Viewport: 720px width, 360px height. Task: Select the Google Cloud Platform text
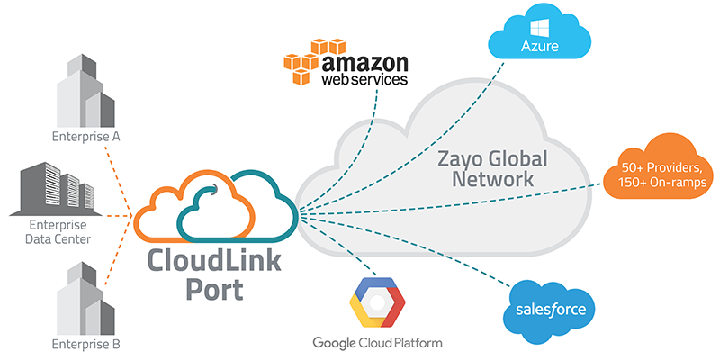377,343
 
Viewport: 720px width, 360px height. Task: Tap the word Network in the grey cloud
494,180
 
